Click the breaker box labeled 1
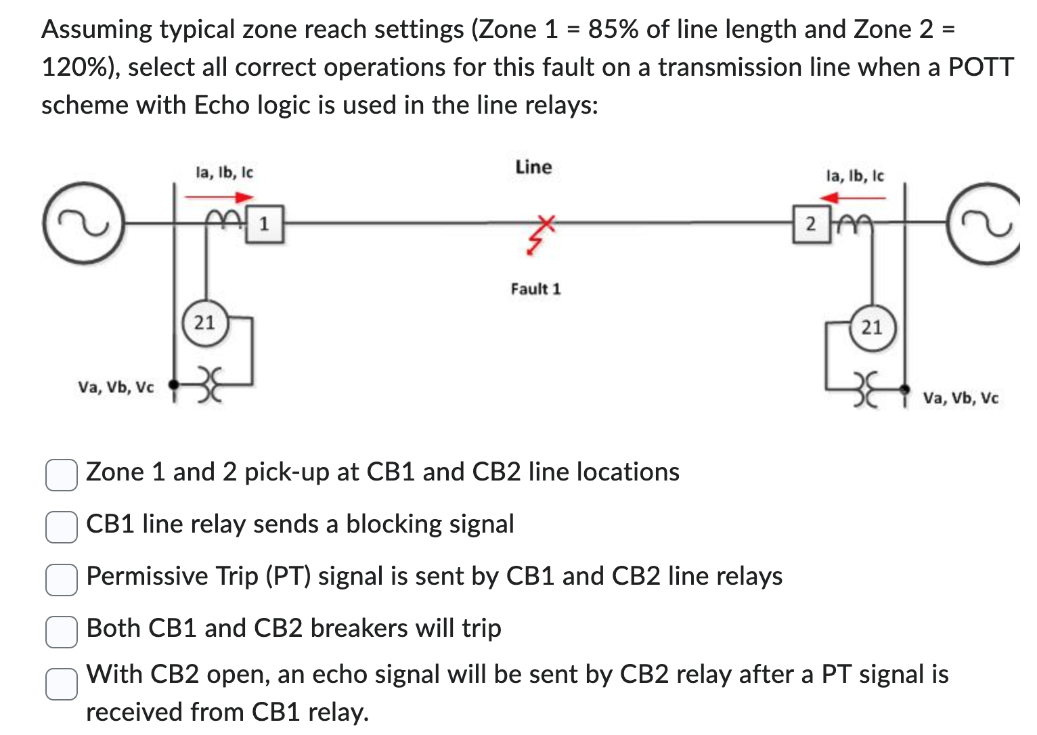tap(265, 224)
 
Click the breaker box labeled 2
tap(811, 224)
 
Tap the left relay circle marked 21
tap(204, 323)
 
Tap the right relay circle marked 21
tap(872, 328)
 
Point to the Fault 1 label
tap(535, 289)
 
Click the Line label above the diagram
tap(533, 167)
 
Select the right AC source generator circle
tap(990, 222)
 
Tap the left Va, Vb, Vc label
tap(116, 387)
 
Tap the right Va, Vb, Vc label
tap(960, 398)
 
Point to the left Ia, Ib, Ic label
tap(224, 173)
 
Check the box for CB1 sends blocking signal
tap(61, 526)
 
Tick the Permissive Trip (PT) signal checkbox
tap(61, 579)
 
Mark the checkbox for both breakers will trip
tap(61, 631)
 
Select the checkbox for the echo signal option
tap(61, 684)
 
